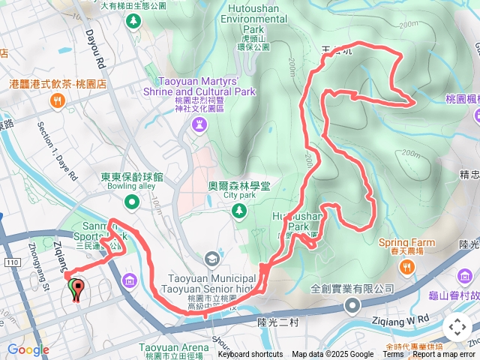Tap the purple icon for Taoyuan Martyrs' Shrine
click(199, 122)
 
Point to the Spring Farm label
click(406, 243)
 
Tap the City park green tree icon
click(238, 211)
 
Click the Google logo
click(28, 349)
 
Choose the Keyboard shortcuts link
click(250, 355)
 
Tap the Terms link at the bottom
click(393, 355)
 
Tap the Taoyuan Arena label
click(173, 348)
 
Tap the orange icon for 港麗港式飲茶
click(57, 100)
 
